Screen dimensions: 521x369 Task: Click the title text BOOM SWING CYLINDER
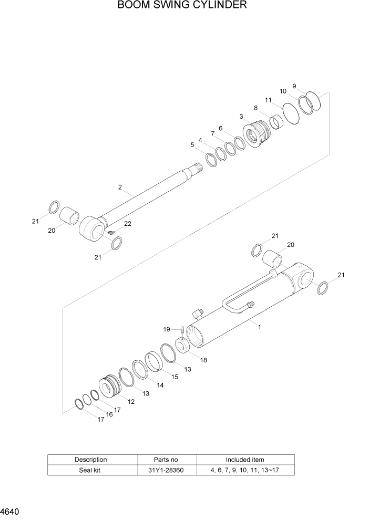pyautogui.click(x=182, y=6)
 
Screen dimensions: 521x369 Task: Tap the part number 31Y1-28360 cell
pyautogui.click(x=167, y=470)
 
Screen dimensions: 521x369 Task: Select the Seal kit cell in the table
pyautogui.click(x=91, y=470)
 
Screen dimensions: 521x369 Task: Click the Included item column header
pyautogui.click(x=245, y=460)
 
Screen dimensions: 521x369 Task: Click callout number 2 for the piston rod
pyautogui.click(x=120, y=187)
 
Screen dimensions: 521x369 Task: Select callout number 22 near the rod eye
pyautogui.click(x=128, y=224)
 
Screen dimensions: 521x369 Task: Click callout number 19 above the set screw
pyautogui.click(x=167, y=329)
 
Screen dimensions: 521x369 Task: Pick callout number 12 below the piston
pyautogui.click(x=131, y=402)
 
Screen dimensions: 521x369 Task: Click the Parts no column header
pyautogui.click(x=167, y=460)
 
